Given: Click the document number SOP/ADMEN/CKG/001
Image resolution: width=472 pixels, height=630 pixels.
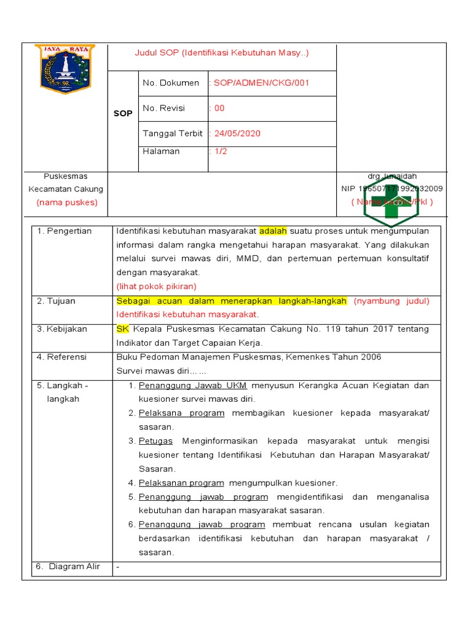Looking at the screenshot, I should click(x=259, y=83).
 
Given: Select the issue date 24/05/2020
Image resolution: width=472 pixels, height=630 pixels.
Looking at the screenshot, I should click(x=235, y=134).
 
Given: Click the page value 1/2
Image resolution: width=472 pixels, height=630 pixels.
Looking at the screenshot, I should click(x=219, y=151).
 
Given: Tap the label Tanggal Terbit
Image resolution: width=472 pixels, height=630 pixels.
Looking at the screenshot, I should click(x=172, y=134).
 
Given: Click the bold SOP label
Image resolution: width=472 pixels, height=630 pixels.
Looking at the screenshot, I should click(x=123, y=114).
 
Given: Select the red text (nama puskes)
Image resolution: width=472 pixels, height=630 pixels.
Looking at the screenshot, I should click(x=66, y=202).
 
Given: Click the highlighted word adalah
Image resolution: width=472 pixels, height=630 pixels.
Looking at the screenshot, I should click(x=273, y=231).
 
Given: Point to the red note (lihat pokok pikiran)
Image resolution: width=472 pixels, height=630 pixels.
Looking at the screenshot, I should click(x=157, y=286).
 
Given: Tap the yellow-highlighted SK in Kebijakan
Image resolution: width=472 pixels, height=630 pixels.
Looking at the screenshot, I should click(x=123, y=329).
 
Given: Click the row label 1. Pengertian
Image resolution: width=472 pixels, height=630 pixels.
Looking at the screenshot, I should click(x=64, y=231).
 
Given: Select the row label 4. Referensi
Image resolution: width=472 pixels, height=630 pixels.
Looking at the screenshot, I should click(x=61, y=357).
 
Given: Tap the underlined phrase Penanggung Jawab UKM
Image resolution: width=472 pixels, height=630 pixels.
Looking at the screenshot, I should click(x=193, y=386).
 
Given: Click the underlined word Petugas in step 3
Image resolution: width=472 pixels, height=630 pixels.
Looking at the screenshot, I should click(x=155, y=441).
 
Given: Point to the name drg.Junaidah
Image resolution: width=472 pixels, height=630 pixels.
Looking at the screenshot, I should click(x=391, y=177).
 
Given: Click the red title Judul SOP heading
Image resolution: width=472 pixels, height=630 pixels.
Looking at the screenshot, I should click(x=222, y=53).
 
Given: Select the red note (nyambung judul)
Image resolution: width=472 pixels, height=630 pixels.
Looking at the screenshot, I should click(x=391, y=301).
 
